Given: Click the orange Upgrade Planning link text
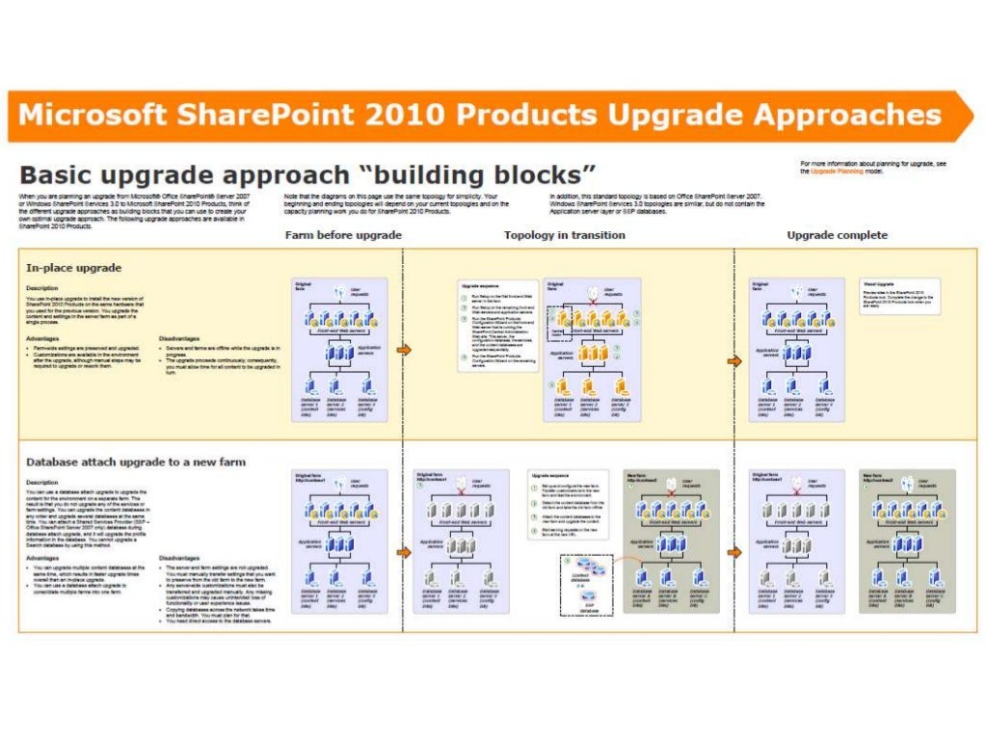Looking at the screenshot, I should tap(836, 171).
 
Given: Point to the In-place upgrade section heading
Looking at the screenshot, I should tap(73, 268).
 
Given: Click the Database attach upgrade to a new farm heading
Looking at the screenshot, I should tap(136, 462).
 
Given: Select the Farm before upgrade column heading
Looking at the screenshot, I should tap(343, 235).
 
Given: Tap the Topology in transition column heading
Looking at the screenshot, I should tap(565, 235).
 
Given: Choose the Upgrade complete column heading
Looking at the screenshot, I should tap(837, 235).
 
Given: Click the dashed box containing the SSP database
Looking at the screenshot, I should tap(584, 591).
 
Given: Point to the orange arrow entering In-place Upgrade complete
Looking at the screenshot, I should tap(734, 360).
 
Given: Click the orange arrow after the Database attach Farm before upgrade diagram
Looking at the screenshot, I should tap(404, 552).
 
